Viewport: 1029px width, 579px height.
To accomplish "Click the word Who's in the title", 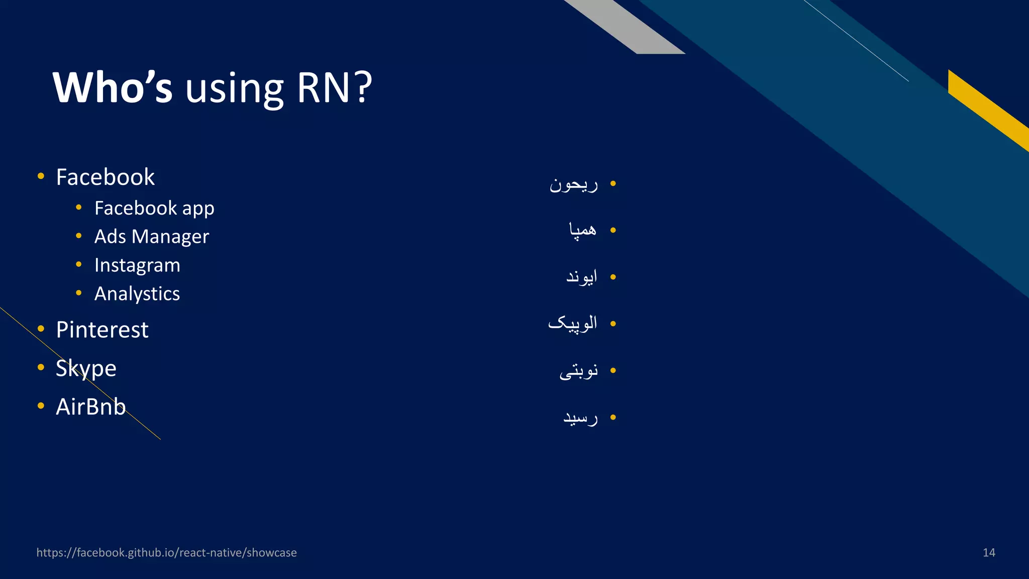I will coord(113,87).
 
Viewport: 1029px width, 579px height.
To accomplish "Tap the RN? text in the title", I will coord(334,87).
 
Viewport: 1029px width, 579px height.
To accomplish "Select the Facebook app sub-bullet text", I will coord(154,208).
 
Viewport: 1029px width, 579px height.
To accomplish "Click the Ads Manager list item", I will coord(151,237).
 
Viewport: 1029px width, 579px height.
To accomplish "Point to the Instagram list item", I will coord(137,265).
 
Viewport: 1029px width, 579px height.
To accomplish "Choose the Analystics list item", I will coord(137,294).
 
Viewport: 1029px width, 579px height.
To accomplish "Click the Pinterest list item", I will coord(102,330).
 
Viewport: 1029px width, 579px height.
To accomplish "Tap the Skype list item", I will coord(86,368).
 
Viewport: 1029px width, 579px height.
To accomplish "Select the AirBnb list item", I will coord(90,407).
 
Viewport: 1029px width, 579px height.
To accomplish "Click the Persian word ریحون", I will coord(574,184).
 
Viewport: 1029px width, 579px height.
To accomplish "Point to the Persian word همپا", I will coord(583,230).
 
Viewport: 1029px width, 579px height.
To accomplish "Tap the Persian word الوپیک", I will coord(573,323).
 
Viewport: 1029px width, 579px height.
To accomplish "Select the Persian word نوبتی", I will coord(579,371).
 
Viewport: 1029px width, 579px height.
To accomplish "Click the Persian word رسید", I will coord(581,418).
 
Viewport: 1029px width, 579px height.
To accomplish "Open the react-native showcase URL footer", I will coord(166,553).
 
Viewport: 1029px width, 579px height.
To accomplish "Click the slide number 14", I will coord(989,553).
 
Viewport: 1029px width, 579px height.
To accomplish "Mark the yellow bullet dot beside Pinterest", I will coord(41,329).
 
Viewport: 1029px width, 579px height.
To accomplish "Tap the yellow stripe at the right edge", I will coord(987,108).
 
